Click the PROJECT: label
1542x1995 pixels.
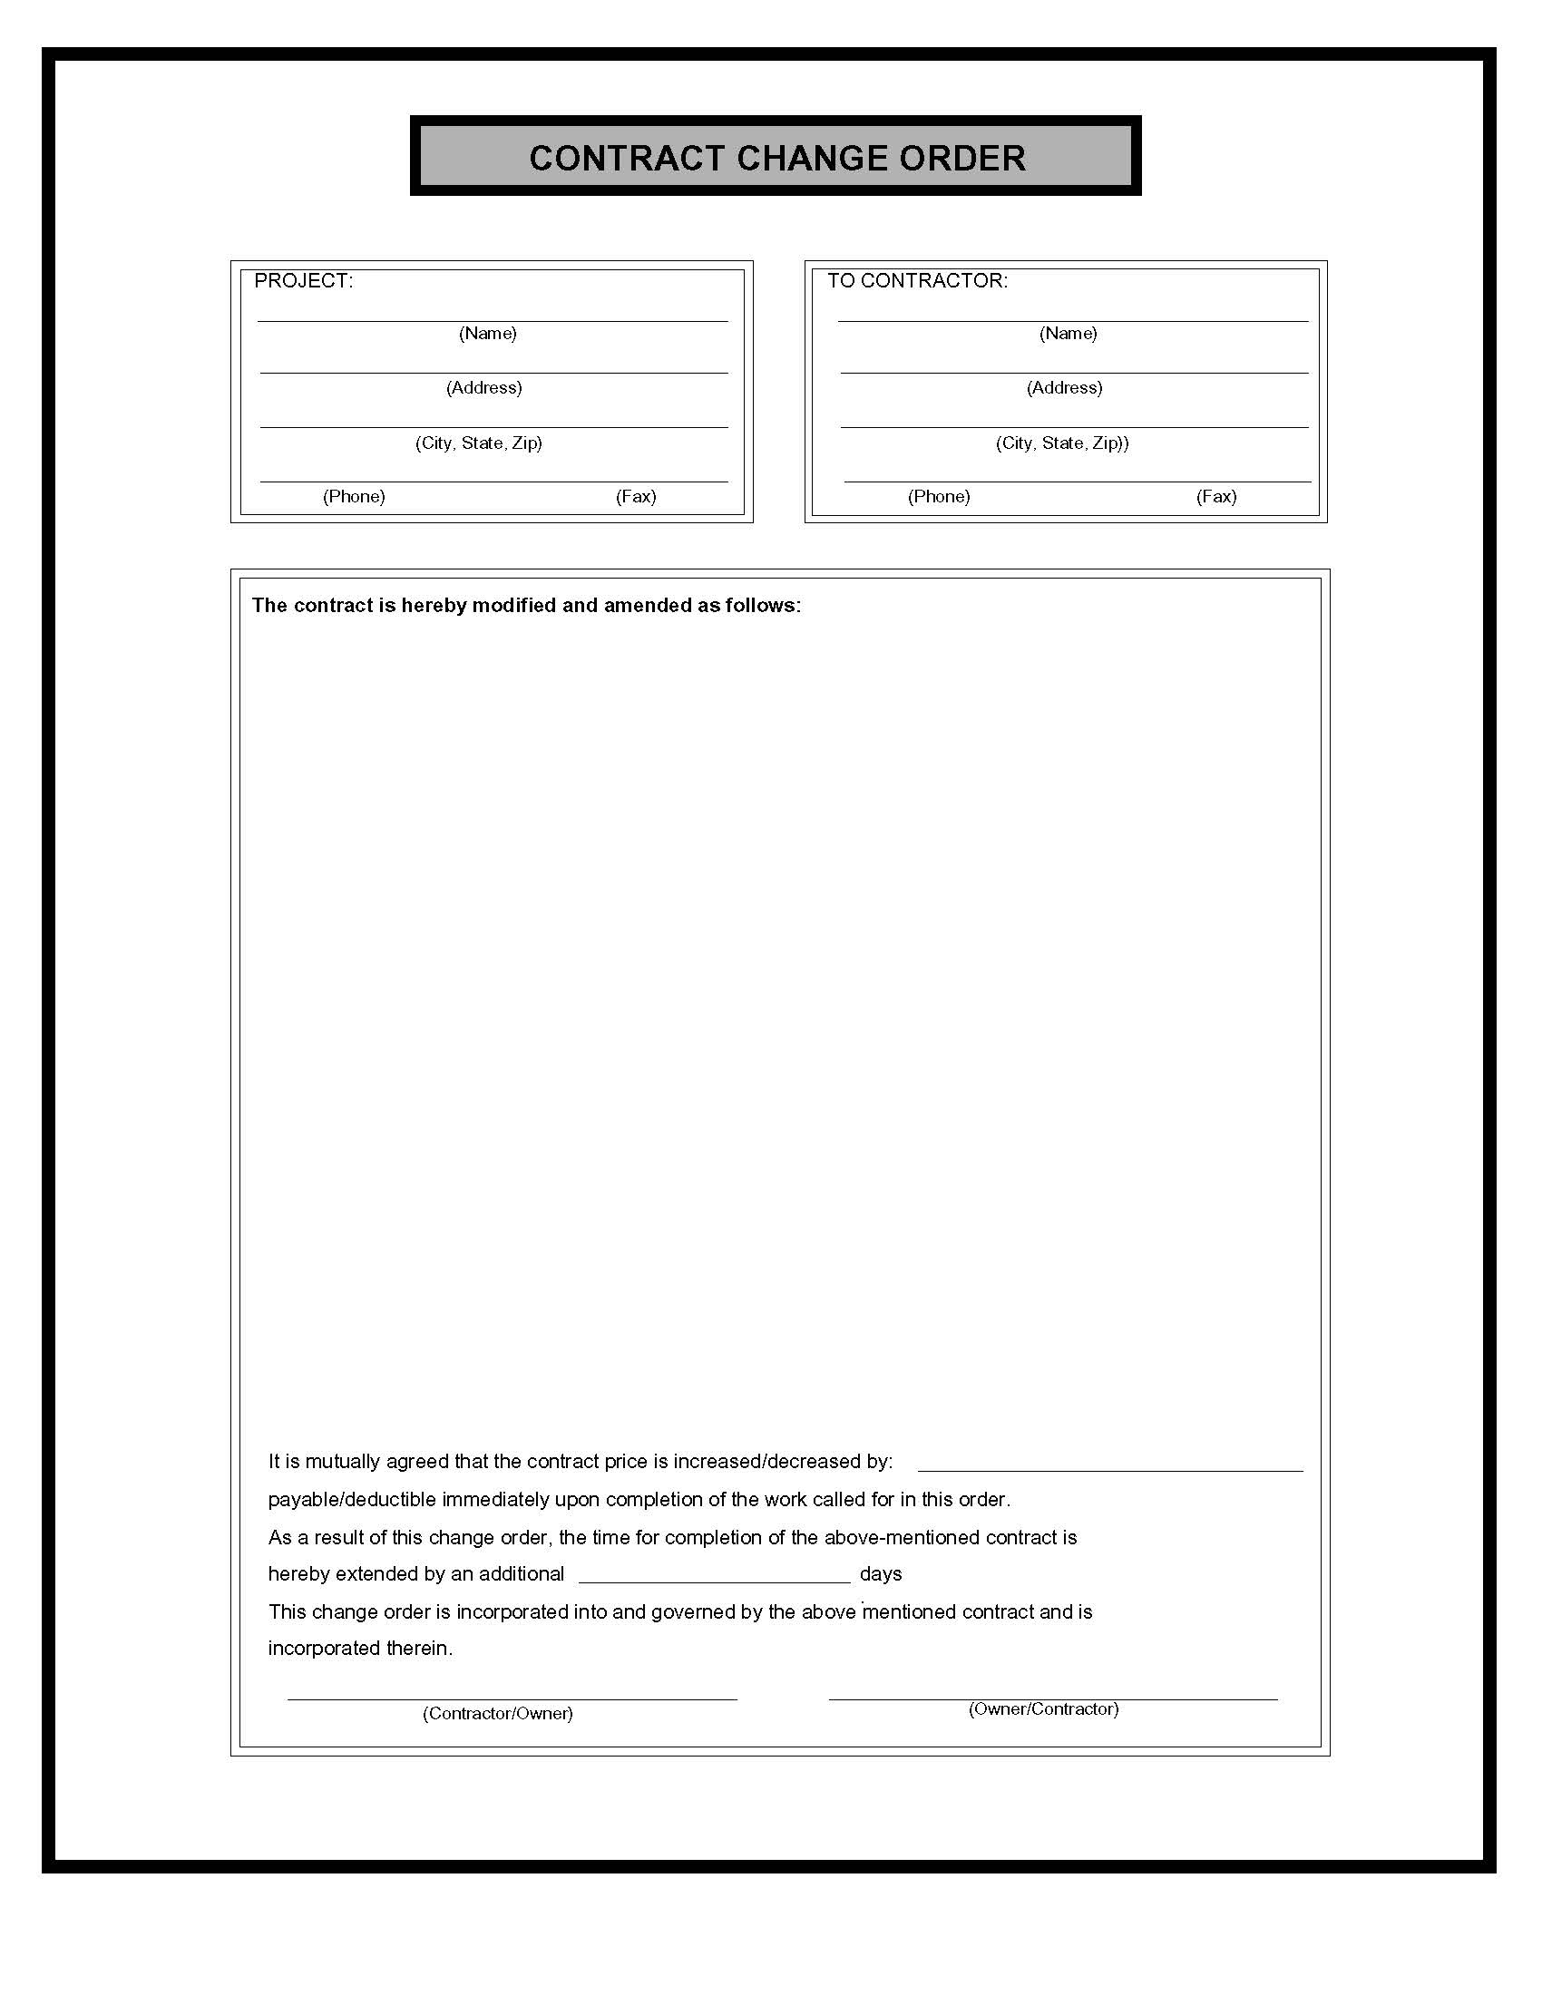303,281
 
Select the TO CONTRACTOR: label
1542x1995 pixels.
917,281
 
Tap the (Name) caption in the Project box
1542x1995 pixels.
487,334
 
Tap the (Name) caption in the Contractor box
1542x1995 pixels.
1068,334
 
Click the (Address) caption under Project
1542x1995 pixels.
483,388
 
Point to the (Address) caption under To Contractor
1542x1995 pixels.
1064,388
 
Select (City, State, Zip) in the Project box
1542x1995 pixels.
479,443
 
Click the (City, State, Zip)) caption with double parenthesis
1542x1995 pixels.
1061,443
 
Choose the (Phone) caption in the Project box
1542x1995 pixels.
354,497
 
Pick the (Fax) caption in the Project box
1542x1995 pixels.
636,497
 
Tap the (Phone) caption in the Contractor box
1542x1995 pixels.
938,497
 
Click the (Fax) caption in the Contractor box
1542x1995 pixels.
1215,497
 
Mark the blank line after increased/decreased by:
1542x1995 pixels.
1109,1468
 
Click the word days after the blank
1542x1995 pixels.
881,1574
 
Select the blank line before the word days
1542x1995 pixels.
715,1579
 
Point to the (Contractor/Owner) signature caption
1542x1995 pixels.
497,1714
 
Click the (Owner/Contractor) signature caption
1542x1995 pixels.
1043,1709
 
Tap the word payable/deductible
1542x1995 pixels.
352,1500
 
